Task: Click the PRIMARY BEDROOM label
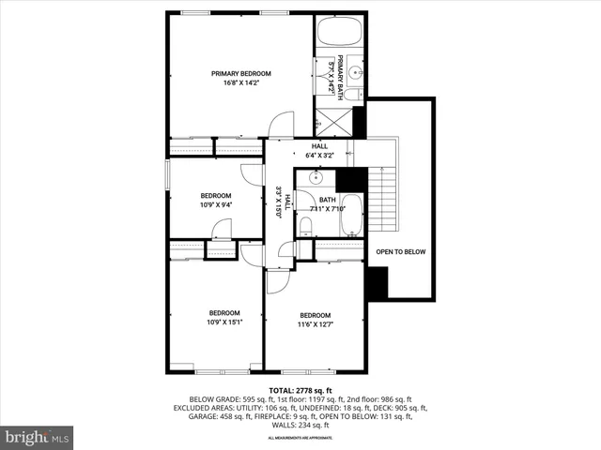click(240, 73)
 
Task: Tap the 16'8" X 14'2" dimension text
click(240, 83)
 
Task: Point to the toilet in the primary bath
click(350, 94)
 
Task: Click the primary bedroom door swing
click(282, 126)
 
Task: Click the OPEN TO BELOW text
click(401, 252)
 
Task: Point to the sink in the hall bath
click(316, 177)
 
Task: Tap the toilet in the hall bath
click(305, 225)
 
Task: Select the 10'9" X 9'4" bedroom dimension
click(215, 205)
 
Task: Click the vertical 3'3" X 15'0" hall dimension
click(279, 202)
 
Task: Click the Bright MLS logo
click(37, 437)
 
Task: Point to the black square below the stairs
click(378, 284)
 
